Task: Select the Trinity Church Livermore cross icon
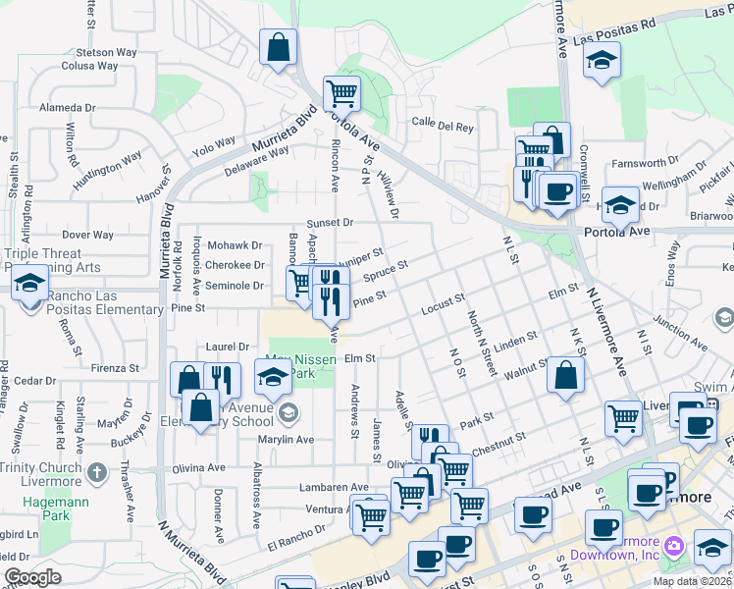click(95, 472)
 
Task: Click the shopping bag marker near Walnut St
click(566, 374)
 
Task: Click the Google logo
click(32, 577)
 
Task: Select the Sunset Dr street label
click(329, 223)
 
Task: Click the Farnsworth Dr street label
click(665, 152)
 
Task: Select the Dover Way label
click(87, 236)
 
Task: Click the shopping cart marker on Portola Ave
click(341, 94)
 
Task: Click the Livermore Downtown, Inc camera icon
click(673, 545)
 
